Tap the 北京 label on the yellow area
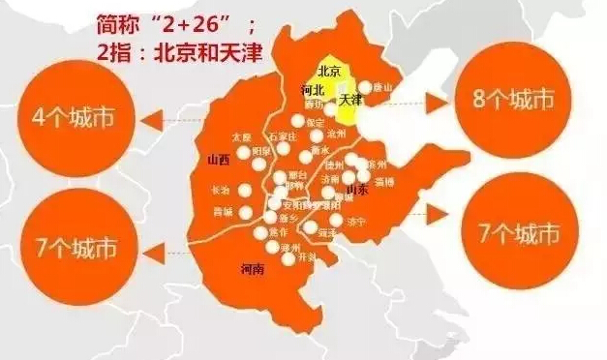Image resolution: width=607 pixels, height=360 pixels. [x=328, y=70]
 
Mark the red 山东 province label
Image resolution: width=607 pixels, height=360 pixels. [x=356, y=190]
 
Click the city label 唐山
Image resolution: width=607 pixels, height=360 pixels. [x=383, y=87]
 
